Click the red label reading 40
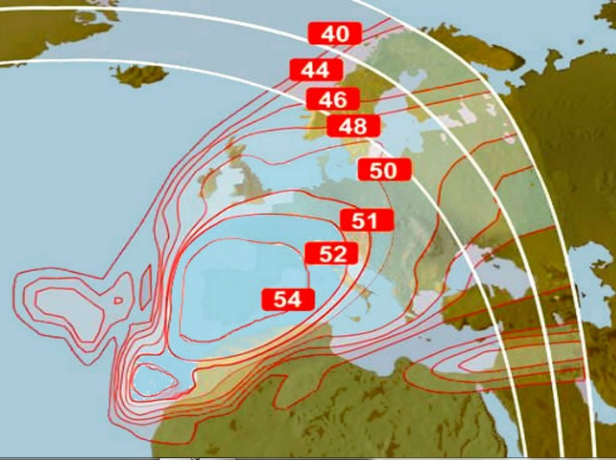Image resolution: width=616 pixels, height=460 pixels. coord(334,34)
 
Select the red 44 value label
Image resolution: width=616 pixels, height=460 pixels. coord(316,69)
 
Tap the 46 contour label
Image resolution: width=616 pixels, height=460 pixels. coord(332,99)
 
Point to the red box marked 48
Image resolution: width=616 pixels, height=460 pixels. coord(353,126)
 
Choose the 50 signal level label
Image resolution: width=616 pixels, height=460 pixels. coord(383,170)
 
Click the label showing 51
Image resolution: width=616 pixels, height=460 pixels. coord(366,221)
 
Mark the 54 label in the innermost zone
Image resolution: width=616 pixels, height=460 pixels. coord(287,300)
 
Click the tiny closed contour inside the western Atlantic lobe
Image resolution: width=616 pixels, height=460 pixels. coord(118,300)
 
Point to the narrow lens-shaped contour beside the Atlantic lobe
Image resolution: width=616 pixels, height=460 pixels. coord(145,282)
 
